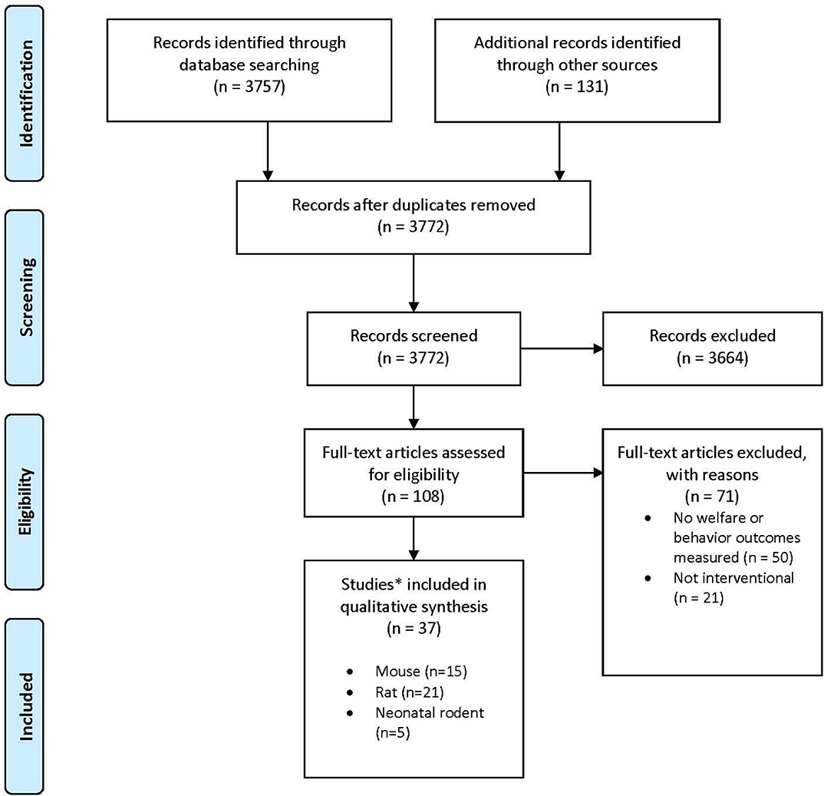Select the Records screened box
click(x=414, y=347)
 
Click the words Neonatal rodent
click(x=430, y=712)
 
